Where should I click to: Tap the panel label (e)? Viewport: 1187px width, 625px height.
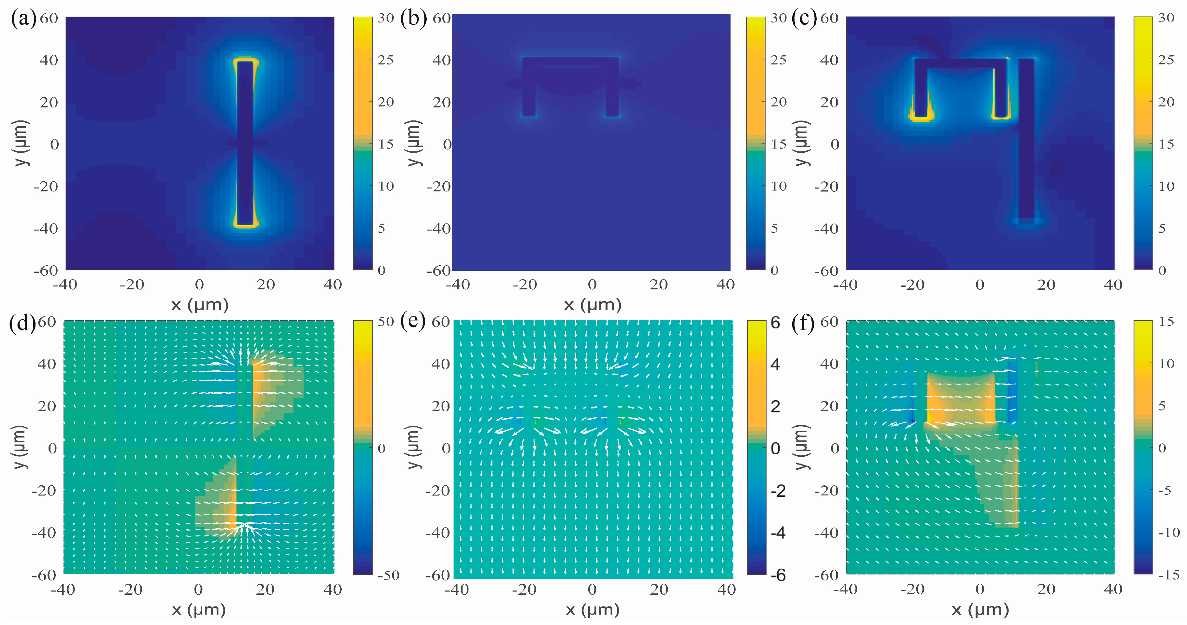pyautogui.click(x=413, y=321)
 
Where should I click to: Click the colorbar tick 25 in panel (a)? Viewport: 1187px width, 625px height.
pyautogui.click(x=386, y=60)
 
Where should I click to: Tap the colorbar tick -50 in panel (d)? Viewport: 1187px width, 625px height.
pyautogui.click(x=388, y=575)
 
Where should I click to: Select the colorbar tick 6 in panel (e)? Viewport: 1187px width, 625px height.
pyautogui.click(x=776, y=322)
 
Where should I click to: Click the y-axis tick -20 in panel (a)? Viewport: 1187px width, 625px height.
pyautogui.click(x=46, y=187)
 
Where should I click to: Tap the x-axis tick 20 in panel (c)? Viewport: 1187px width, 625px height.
pyautogui.click(x=1046, y=285)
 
